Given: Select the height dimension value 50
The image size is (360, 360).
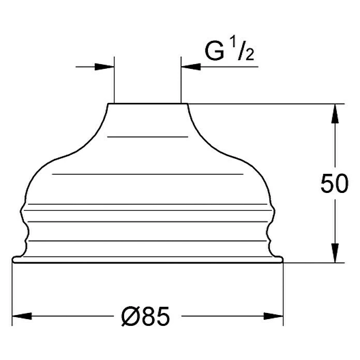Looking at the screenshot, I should point(334,185).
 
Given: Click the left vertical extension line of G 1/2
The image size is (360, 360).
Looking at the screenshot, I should point(114,83).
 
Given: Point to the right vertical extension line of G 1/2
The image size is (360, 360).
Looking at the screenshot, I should point(181,83).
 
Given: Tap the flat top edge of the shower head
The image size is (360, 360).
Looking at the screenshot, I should point(147,104).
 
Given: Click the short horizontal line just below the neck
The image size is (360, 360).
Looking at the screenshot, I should point(147,136).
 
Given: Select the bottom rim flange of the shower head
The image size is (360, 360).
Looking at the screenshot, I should point(147,260).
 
